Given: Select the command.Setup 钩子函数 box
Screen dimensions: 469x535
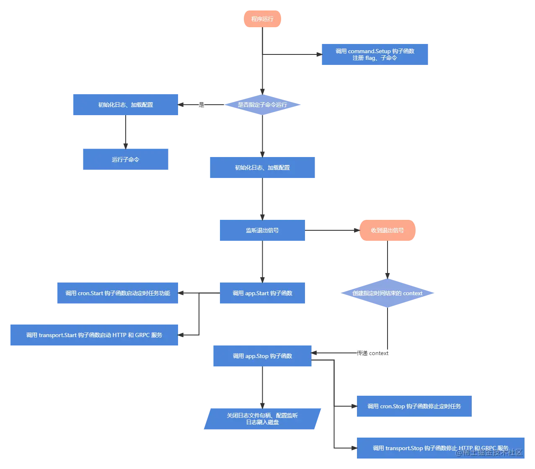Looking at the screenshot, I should coord(375,55).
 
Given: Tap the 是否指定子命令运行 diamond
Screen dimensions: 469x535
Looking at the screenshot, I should coord(263,105).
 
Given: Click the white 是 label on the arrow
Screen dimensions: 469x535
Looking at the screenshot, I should coord(201,105).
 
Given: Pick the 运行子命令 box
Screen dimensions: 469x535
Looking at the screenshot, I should coord(126,160).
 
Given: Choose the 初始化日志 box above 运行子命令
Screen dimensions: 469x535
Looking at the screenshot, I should coord(126,105).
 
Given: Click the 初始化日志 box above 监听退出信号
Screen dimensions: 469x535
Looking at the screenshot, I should coord(262,167).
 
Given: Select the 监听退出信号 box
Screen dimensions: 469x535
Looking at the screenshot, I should coord(262,230).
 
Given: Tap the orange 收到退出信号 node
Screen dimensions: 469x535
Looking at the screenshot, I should coord(387,230).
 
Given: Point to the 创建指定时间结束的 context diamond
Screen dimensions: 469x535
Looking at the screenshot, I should coord(387,293).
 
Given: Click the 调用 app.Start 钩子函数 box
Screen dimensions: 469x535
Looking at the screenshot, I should coord(262,293).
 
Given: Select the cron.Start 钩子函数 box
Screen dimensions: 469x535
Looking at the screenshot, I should coord(119,293).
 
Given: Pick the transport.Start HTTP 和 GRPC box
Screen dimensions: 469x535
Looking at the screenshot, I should coord(96,335).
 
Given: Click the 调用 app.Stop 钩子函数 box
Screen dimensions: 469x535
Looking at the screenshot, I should coord(262,356).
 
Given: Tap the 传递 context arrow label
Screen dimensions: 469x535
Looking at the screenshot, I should coord(372,353).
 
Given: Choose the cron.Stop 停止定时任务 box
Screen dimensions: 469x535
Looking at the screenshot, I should coord(414,407).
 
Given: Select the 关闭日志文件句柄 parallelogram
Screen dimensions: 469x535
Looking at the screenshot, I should coord(262,419).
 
